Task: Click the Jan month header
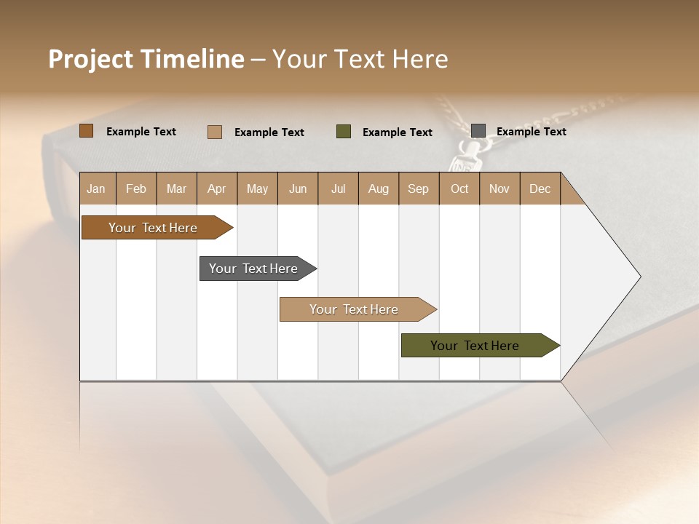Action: (x=97, y=188)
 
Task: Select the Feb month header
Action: (x=136, y=188)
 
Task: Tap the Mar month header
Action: (x=176, y=188)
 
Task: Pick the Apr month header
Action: (x=216, y=188)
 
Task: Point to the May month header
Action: (x=257, y=188)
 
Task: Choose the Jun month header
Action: (x=298, y=188)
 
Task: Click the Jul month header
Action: (x=338, y=188)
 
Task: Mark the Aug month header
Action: (x=379, y=188)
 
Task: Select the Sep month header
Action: (x=419, y=188)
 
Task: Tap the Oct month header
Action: (x=459, y=188)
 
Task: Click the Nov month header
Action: (x=499, y=188)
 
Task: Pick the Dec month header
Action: (x=540, y=188)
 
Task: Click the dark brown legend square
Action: (x=87, y=131)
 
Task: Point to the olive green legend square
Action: (x=344, y=131)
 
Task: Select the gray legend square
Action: (x=478, y=130)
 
